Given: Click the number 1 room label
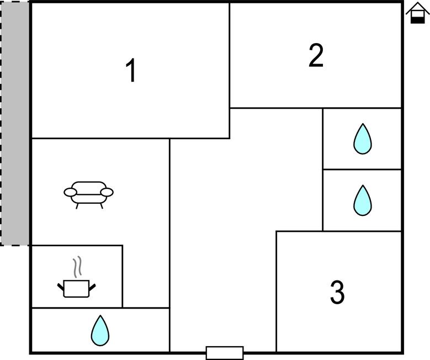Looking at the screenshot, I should coord(131,71).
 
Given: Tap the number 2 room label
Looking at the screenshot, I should coord(316,56).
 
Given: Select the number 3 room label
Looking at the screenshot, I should coord(337,293).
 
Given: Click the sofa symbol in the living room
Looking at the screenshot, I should coord(88,194).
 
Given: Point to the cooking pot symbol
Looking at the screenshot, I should coord(76,288).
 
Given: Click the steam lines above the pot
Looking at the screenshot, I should coord(79,267).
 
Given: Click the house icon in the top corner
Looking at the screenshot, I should coord(417,13).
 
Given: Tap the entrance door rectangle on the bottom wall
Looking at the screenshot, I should coord(225,352).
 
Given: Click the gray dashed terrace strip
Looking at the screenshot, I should coord(15,123).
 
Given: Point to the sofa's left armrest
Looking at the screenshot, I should coord(70,192).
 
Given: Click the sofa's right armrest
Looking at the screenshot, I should coord(107,192).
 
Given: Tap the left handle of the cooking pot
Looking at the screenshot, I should coord(61,286).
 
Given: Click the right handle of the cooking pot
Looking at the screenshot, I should coord(92,286).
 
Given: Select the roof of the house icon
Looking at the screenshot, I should coord(417,7).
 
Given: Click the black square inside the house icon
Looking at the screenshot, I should coord(418,18).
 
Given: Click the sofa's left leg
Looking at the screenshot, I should coord(77,205).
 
